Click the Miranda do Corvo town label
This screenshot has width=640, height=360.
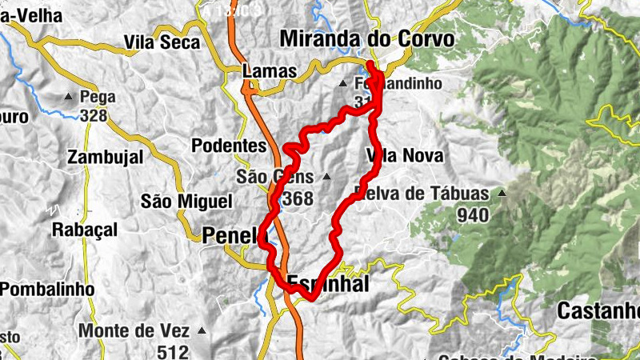(367, 39)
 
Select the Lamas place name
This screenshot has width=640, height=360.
(269, 72)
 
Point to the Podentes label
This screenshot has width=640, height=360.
(229, 146)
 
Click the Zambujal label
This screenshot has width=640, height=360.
(106, 157)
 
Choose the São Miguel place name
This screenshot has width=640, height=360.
(186, 201)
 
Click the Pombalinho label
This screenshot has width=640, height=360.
(48, 288)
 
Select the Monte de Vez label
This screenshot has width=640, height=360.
(134, 330)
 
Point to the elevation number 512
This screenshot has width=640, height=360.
(173, 351)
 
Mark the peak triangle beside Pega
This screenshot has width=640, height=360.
(68, 98)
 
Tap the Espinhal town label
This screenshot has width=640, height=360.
(328, 284)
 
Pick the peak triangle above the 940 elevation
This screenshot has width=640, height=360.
(502, 193)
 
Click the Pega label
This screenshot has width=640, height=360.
(98, 98)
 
